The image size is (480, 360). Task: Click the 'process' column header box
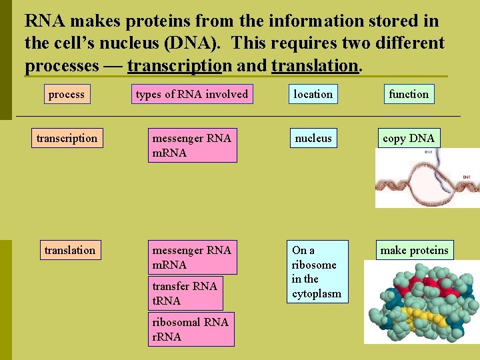[x=67, y=95]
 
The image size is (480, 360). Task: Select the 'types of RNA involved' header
[x=191, y=95]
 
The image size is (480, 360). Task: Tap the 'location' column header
[x=313, y=95]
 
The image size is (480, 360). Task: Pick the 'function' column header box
[x=409, y=95]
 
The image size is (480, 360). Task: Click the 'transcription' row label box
[x=67, y=139]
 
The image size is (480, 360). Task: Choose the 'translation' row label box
[x=69, y=251]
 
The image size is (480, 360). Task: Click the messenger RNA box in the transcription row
[x=192, y=146]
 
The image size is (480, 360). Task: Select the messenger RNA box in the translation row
[x=192, y=258]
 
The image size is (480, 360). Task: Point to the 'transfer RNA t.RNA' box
[x=185, y=293]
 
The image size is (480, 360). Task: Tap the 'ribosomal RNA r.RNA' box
[x=191, y=329]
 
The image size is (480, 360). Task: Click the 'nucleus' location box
[x=313, y=139]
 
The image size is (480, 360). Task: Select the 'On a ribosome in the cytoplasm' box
[x=317, y=272]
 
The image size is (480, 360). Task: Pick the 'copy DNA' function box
[x=409, y=139]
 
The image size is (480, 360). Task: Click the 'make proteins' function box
[x=415, y=251]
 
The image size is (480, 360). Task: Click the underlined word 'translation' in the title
[x=315, y=66]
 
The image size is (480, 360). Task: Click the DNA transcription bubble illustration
[x=427, y=178]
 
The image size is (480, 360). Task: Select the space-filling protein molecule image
[x=420, y=301]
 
